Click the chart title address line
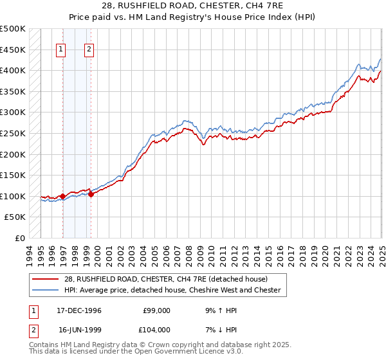tap(192, 7)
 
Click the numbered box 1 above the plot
tap(62, 50)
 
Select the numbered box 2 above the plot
tap(90, 50)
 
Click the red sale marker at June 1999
tap(91, 194)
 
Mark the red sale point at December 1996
tap(63, 196)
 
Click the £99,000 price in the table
tap(157, 310)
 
